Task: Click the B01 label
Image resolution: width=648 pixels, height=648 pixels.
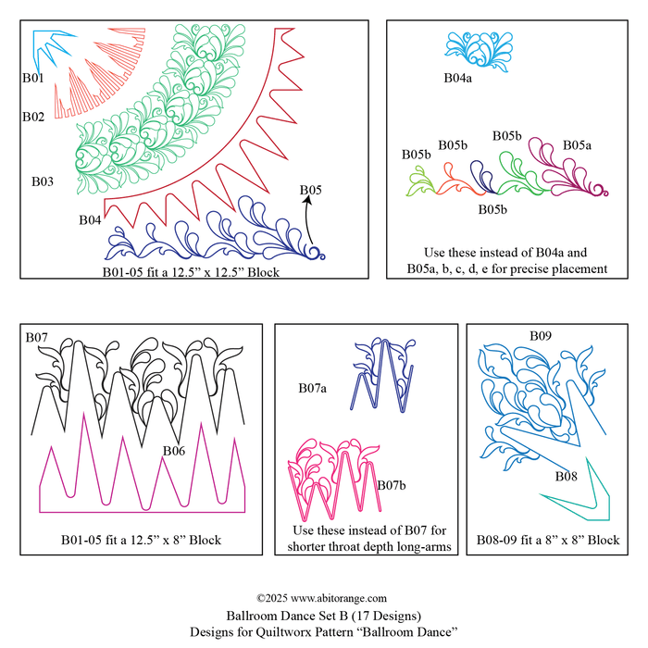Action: pos(32,78)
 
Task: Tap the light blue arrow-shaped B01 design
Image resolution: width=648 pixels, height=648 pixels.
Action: pos(42,45)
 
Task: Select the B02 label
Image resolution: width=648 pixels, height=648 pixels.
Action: pos(33,117)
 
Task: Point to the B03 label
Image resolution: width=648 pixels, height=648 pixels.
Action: pos(43,181)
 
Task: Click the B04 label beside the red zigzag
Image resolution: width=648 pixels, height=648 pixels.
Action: pos(90,220)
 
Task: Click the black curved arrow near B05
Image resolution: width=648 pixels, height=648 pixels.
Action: pos(308,219)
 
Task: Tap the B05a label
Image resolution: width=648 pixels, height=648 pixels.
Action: pos(577,145)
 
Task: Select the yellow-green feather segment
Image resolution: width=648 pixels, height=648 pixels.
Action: pos(421,181)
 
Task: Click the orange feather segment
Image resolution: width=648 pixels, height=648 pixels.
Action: pos(455,181)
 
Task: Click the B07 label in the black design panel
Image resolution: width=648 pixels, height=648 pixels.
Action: pos(36,337)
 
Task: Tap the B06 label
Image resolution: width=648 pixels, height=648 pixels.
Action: pos(174,451)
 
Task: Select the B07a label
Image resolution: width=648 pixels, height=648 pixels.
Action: pos(313,388)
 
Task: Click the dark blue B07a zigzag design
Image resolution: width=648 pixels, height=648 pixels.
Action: pos(383,375)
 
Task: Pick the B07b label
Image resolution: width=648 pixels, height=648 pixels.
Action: pos(392,485)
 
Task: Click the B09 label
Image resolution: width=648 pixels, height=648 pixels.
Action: pos(541,335)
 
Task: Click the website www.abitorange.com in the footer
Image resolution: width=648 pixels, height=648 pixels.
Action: pos(339,598)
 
